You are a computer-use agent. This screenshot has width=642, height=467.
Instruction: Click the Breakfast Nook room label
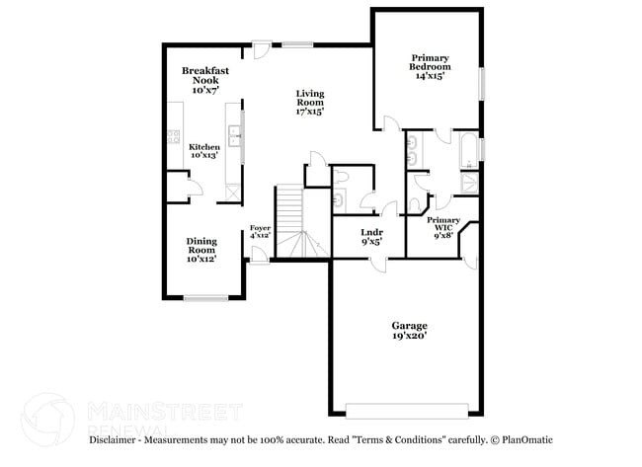[x=206, y=79]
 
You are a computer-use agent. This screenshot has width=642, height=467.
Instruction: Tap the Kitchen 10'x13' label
[x=203, y=150]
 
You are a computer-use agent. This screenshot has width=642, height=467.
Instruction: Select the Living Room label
[x=310, y=103]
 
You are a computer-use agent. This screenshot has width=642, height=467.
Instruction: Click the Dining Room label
[x=201, y=249]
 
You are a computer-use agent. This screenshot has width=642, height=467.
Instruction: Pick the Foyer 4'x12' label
[x=260, y=232]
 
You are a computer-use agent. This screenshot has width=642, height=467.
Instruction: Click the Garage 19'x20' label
[x=409, y=330]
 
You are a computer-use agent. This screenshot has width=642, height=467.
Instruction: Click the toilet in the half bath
[x=340, y=176]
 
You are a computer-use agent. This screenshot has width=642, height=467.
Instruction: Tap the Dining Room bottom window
[x=205, y=298]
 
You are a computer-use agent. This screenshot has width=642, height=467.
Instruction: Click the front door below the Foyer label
[x=259, y=255]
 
